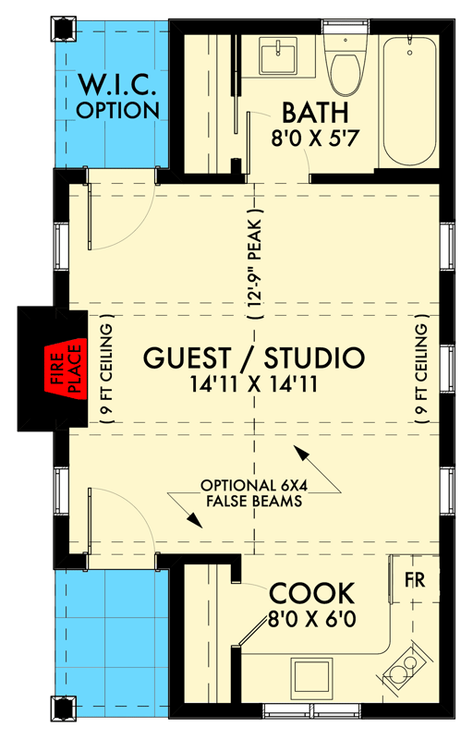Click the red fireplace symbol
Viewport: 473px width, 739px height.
coord(67,369)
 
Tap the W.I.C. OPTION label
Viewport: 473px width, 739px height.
coord(117,96)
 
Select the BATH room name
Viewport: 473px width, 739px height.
coord(314,115)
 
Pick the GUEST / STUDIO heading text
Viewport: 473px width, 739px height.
coord(253,357)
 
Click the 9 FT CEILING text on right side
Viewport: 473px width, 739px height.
coord(423,370)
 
